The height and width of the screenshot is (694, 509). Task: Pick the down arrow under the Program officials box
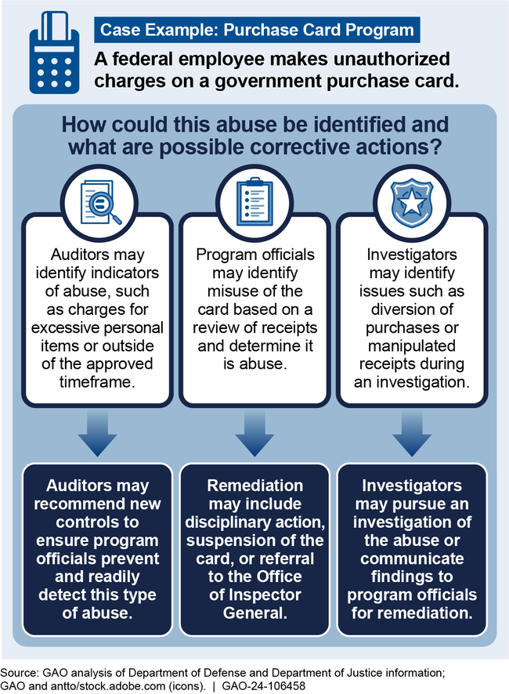pyautogui.click(x=254, y=435)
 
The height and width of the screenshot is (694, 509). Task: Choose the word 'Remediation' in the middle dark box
pyautogui.click(x=254, y=485)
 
